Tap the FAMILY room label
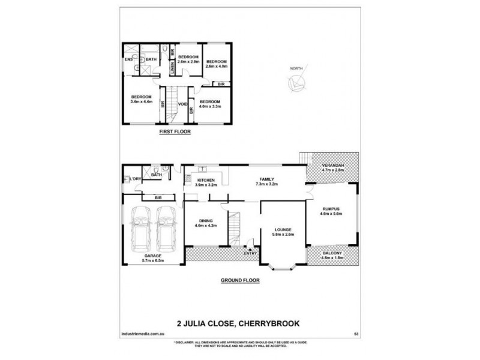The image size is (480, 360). [x=266, y=179]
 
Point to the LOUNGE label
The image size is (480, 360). [x=283, y=229]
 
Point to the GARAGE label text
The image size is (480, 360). [x=137, y=254]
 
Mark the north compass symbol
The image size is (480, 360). [x=295, y=83]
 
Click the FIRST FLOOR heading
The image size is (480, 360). [x=175, y=131]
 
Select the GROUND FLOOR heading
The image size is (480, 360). [x=239, y=280]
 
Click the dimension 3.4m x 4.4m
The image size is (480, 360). [x=142, y=101]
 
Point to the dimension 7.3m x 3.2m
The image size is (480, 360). [x=266, y=184]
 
